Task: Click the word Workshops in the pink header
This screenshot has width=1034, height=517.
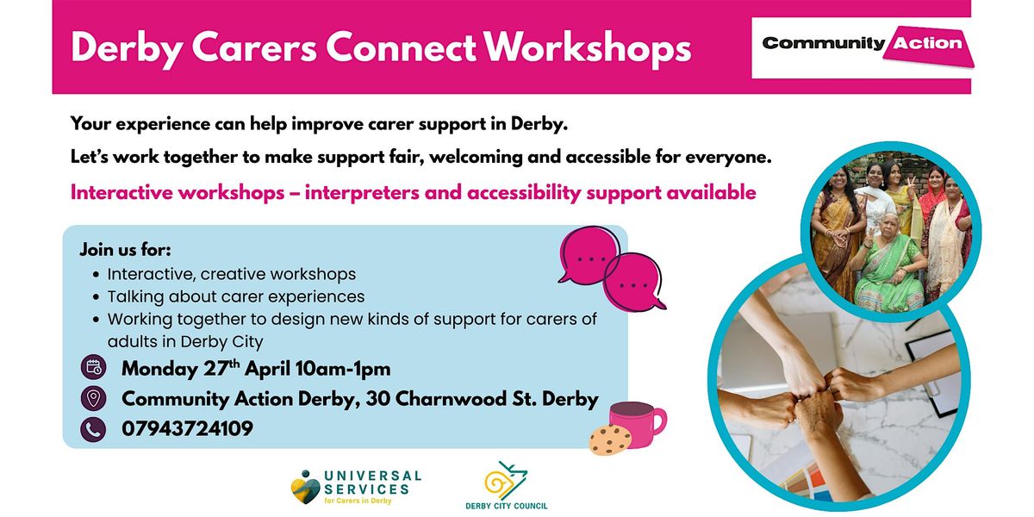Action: [x=587, y=47]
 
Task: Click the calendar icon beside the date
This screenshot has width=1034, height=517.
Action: [x=94, y=367]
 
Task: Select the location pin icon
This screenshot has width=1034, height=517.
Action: [x=94, y=398]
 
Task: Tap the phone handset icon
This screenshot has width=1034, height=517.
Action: [x=94, y=429]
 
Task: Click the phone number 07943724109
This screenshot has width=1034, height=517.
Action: [x=188, y=429]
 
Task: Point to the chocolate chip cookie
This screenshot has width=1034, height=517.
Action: [x=610, y=439]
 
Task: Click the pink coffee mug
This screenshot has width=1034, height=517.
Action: [x=637, y=424]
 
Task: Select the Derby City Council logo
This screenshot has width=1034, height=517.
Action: [x=507, y=485]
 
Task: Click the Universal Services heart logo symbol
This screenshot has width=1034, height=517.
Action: [x=306, y=487]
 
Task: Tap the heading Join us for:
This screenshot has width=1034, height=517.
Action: [x=126, y=250]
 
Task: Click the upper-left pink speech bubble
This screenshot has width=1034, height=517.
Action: [x=590, y=255]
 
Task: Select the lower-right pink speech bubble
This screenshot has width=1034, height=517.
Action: [x=635, y=283]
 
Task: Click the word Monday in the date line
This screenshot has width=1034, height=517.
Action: [x=159, y=370]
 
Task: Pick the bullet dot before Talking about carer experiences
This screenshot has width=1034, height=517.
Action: [x=96, y=296]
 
